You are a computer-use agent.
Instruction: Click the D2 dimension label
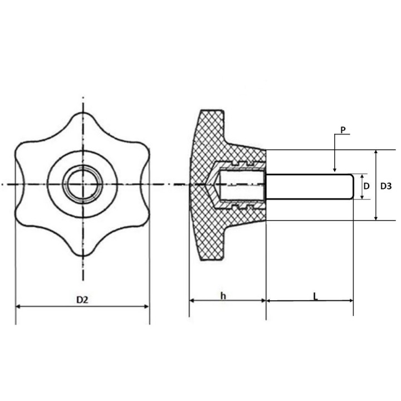pyautogui.click(x=82, y=300)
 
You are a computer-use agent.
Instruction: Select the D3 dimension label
pyautogui.click(x=386, y=186)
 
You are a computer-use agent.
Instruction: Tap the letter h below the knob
pyautogui.click(x=223, y=296)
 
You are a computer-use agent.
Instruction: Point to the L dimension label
pyautogui.click(x=315, y=296)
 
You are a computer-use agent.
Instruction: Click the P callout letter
pyautogui.click(x=343, y=130)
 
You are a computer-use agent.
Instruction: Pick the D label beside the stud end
pyautogui.click(x=366, y=186)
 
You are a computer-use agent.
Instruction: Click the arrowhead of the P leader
pyautogui.click(x=335, y=169)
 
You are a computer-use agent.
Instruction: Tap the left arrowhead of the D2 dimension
pyautogui.click(x=18, y=306)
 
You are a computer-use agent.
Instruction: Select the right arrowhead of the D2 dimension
pyautogui.click(x=146, y=306)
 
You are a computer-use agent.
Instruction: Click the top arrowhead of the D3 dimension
pyautogui.click(x=376, y=153)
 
